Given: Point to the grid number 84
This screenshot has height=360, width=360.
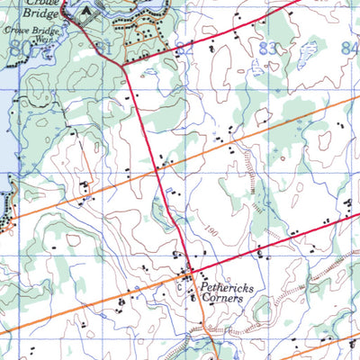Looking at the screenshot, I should [349, 48].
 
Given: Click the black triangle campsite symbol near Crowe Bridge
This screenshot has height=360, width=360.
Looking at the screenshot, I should [85, 11].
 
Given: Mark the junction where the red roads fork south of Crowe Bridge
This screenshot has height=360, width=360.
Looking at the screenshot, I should [121, 64].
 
